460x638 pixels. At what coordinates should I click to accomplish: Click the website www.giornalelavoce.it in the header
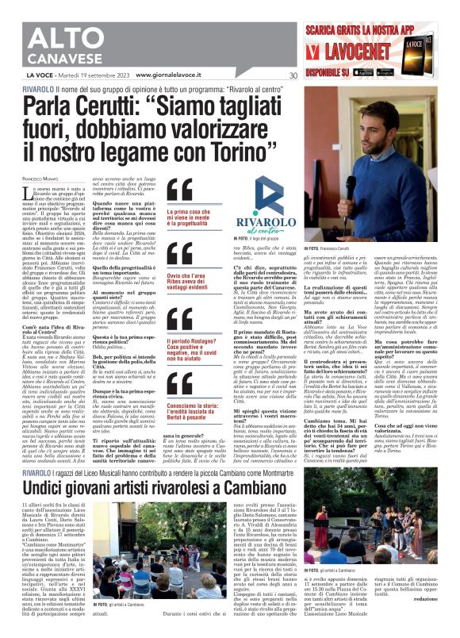tap(168, 76)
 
